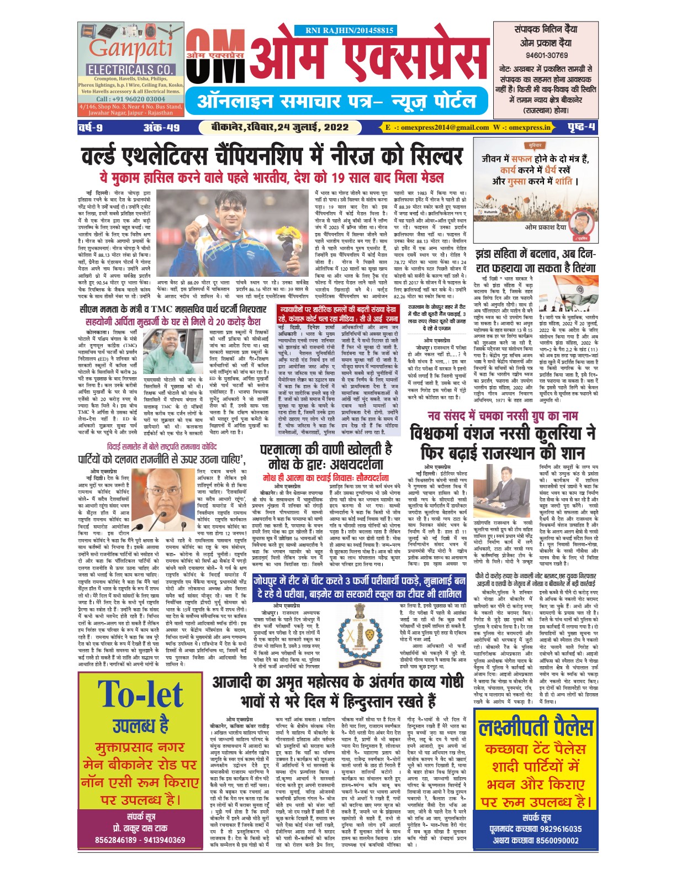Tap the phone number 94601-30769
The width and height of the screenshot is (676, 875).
pyautogui.click(x=546, y=55)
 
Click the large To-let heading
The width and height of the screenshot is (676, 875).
pyautogui.click(x=141, y=694)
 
